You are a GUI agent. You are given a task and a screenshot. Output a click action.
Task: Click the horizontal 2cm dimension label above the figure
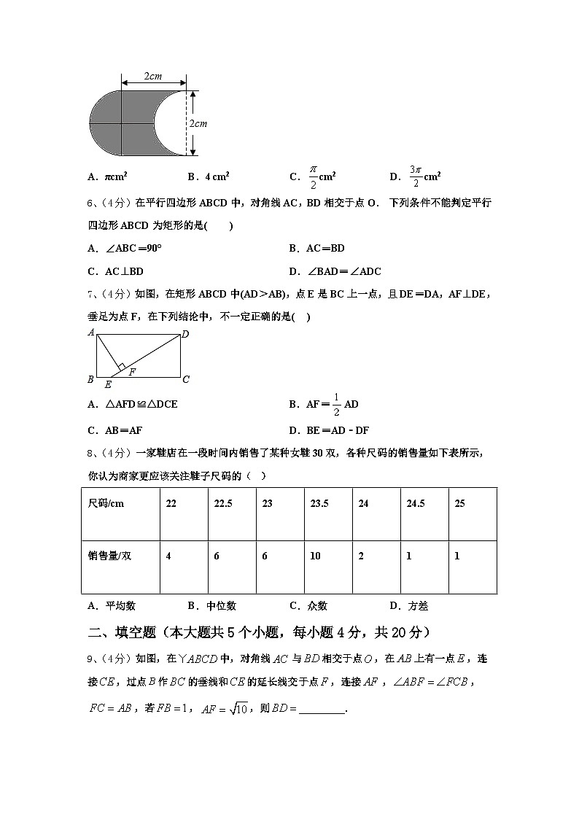coord(152,76)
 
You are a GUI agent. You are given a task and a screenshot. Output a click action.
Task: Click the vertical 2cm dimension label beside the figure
coord(198,123)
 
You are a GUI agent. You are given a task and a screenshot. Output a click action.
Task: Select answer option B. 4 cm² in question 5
coord(209,176)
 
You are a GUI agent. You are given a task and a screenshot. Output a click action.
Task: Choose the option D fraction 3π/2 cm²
coord(415,176)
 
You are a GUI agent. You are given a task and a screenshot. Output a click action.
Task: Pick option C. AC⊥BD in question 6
coord(115,271)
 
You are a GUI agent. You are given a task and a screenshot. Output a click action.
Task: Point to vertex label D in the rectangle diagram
coord(185,334)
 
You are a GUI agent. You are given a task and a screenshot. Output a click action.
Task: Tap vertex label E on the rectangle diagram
coord(108,384)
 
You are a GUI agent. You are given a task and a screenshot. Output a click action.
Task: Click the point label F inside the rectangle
coord(132,372)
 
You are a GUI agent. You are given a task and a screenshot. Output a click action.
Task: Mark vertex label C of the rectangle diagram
coord(187,379)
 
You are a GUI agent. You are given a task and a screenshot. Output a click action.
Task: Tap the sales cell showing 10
coord(315,556)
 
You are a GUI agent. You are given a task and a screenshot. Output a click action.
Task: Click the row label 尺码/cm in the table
coord(106,504)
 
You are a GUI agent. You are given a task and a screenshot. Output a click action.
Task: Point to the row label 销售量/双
coord(109,556)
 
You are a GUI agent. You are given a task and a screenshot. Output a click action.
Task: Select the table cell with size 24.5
coord(415,504)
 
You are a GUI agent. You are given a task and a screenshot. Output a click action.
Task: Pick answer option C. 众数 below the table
coord(308,605)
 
